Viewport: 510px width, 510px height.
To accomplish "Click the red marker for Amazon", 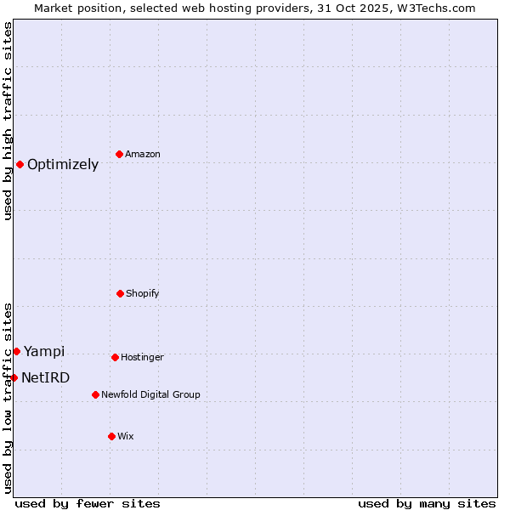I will pos(119,154).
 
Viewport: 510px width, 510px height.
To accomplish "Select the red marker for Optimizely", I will pos(20,164).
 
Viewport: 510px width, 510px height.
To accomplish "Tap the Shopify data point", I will pos(120,293).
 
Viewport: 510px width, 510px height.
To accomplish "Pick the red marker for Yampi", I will pos(16,351).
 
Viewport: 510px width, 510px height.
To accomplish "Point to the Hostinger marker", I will pos(115,357).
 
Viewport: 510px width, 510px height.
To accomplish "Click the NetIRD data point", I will pos(14,377).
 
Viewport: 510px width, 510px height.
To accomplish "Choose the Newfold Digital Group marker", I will pos(95,394).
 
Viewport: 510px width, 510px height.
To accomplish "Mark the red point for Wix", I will pos(111,436).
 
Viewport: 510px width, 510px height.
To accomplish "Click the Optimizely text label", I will pos(63,165).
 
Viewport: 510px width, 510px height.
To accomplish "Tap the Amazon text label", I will pos(143,154).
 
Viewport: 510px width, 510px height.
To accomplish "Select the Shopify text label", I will pos(143,293).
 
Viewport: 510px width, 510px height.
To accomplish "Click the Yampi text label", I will pos(44,352).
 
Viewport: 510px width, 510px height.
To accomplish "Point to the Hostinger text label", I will pos(142,357).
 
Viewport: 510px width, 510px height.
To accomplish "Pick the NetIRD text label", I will pos(46,378).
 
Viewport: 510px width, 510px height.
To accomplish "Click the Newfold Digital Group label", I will pos(151,394).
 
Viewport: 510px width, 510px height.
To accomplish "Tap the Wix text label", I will pos(126,436).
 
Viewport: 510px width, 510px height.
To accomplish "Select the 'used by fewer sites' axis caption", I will pos(88,503).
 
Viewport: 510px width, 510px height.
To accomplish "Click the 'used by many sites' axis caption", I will pos(427,503).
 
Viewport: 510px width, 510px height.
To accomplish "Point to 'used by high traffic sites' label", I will pos(8,121).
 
